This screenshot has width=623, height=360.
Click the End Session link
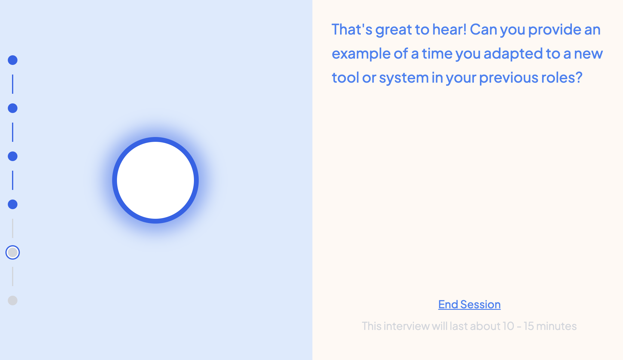[x=469, y=304]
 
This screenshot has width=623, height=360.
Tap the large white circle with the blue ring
[x=155, y=180]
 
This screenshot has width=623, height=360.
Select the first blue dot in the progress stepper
[x=13, y=60]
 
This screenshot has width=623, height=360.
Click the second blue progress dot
[x=13, y=108]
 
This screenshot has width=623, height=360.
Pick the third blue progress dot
[x=13, y=156]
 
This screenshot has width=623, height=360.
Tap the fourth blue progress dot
[x=13, y=204]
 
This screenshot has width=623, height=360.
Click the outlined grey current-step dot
[x=13, y=252]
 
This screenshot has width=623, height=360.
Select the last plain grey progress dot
[x=13, y=301]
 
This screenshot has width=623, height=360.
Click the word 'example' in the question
[x=361, y=54]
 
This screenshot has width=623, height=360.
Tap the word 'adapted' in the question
[x=513, y=54]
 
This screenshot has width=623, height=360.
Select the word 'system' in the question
[x=404, y=78]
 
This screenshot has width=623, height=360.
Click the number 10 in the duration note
[x=508, y=326]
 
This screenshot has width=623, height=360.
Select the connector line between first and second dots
[x=13, y=84]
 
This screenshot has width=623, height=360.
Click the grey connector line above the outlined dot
[x=13, y=228]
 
